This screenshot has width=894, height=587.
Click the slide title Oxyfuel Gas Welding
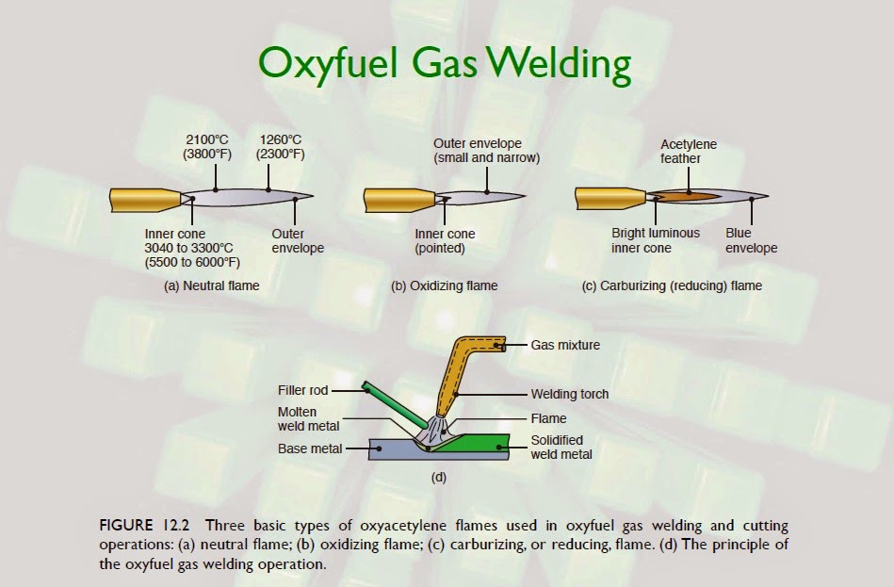pyautogui.click(x=444, y=65)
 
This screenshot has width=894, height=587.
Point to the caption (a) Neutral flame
pyautogui.click(x=211, y=285)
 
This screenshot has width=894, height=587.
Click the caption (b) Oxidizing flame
pyautogui.click(x=444, y=285)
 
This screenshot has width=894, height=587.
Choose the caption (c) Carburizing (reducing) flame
pyautogui.click(x=672, y=285)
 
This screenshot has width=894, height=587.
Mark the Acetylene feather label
pyautogui.click(x=688, y=152)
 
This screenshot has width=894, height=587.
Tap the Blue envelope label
pyautogui.click(x=751, y=241)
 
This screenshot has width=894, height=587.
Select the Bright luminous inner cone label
pyautogui.click(x=656, y=241)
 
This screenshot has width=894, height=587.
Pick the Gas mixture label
pyautogui.click(x=565, y=346)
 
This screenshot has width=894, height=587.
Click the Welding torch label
pyautogui.click(x=570, y=394)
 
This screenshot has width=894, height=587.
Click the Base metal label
pyautogui.click(x=310, y=448)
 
